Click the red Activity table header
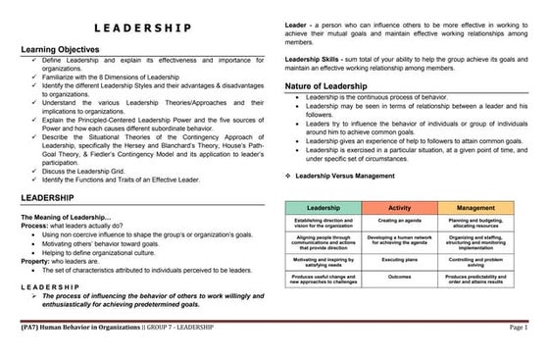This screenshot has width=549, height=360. [399, 208]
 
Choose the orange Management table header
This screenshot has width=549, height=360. [475, 208]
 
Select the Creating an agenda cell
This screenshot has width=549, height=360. [399, 222]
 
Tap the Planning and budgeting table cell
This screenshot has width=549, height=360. [475, 224]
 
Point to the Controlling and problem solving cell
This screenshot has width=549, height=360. [475, 261]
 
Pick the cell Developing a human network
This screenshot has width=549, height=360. [399, 240]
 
